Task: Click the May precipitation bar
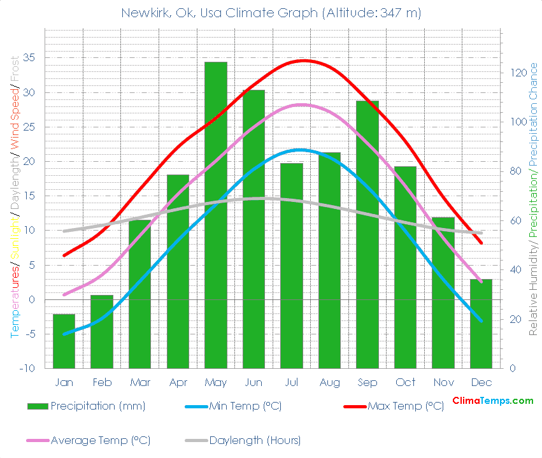coord(215,215)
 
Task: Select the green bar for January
coord(64,341)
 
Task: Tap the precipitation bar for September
coord(367,234)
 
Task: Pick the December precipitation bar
coord(481,324)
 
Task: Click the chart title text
coord(271,13)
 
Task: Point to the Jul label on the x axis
coord(291,382)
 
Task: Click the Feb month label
coord(102,382)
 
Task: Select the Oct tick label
coord(405,382)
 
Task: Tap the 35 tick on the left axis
coord(30,58)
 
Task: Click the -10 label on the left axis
coord(27,369)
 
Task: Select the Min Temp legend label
coord(245,406)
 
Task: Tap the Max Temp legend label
coord(405,406)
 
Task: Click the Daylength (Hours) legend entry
coord(255,440)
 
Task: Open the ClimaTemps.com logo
coord(492,401)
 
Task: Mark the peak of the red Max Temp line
coord(304,61)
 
